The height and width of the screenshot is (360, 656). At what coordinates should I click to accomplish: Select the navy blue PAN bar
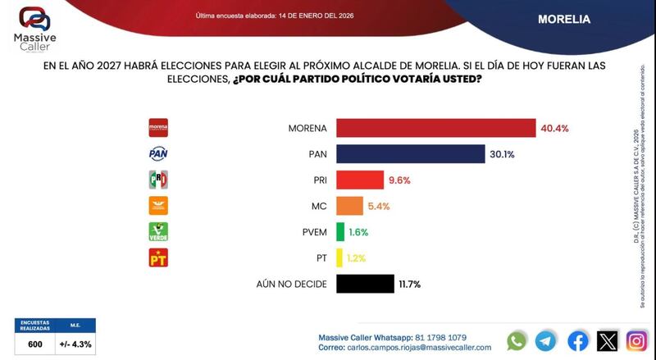[408, 154]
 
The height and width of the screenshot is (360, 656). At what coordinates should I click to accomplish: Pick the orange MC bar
[348, 206]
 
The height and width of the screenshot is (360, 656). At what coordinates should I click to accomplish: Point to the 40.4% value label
[554, 129]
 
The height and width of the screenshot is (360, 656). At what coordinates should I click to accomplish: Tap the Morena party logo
[157, 127]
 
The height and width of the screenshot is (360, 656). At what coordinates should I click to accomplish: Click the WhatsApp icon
[517, 340]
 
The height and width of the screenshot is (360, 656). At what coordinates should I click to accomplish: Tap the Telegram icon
[546, 340]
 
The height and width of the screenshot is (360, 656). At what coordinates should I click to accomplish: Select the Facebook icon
[577, 340]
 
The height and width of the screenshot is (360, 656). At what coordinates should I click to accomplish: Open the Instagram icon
[637, 340]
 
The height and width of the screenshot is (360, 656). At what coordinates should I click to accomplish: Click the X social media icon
[608, 340]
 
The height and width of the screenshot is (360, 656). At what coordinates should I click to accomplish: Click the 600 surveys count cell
[34, 344]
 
